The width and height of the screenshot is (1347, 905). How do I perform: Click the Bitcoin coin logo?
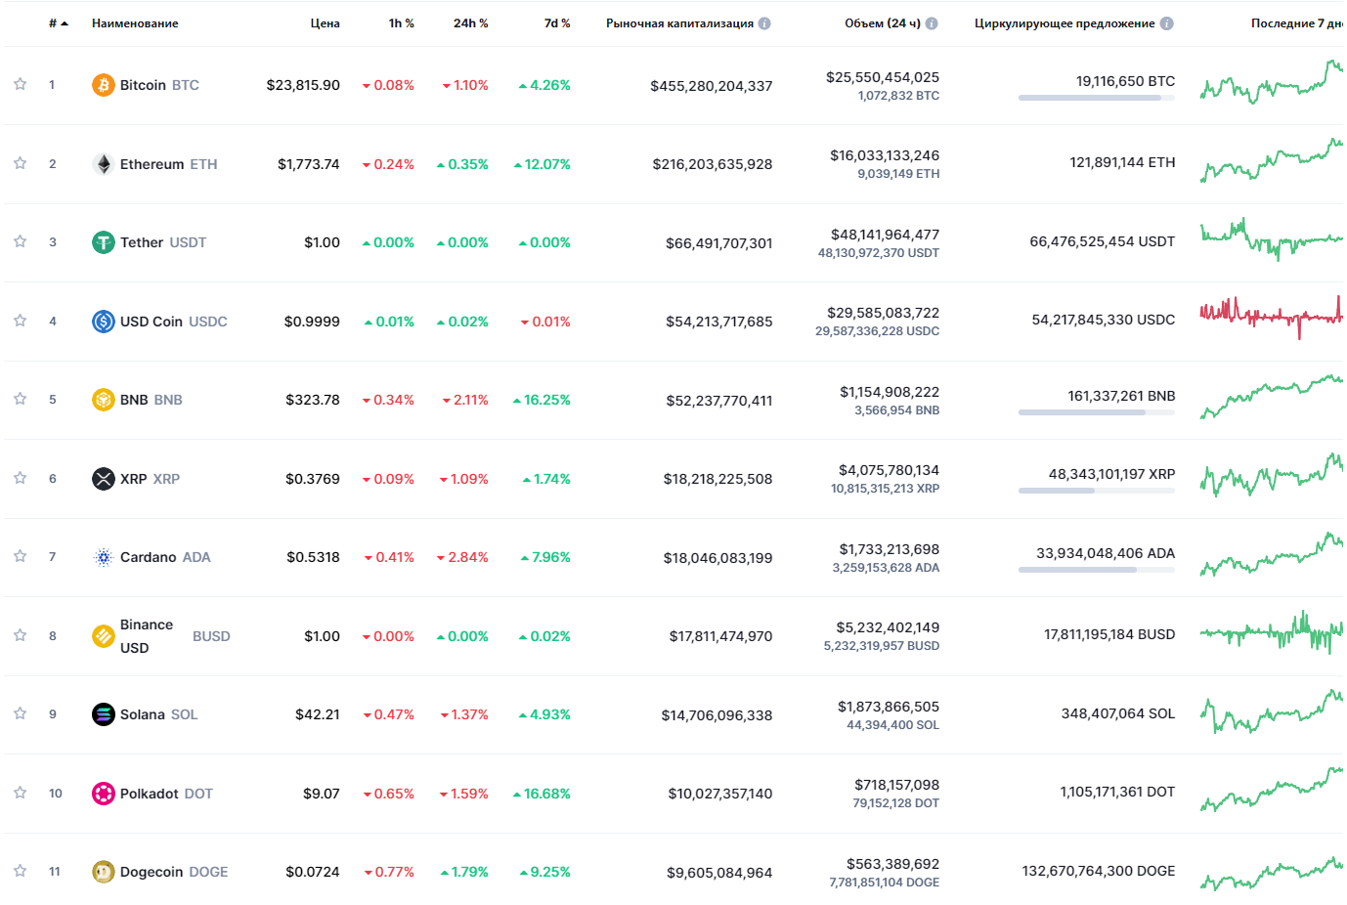click(103, 85)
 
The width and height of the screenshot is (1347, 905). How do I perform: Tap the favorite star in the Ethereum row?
click(20, 163)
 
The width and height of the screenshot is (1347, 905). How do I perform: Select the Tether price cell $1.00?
click(322, 242)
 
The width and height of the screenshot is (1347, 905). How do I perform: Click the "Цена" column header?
click(325, 23)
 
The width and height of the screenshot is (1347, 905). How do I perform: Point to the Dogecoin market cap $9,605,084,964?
click(719, 873)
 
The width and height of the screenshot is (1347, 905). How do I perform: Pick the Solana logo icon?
click(103, 714)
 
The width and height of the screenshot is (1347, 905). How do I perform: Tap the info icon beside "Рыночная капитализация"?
click(764, 23)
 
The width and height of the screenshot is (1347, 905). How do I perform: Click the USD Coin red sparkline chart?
click(1270, 316)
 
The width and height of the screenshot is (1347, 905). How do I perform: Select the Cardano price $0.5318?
click(313, 557)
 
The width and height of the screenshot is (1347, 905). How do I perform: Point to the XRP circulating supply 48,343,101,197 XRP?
click(1111, 474)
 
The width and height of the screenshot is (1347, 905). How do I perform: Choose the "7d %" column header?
click(557, 23)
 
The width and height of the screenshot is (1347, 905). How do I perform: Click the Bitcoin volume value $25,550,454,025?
click(882, 77)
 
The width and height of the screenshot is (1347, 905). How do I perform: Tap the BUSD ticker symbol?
click(211, 636)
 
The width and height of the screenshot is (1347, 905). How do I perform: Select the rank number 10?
click(56, 794)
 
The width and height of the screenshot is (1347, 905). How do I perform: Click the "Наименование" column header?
click(135, 23)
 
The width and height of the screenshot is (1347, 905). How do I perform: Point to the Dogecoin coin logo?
click(103, 872)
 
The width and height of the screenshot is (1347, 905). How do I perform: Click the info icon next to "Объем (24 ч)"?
click(932, 23)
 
